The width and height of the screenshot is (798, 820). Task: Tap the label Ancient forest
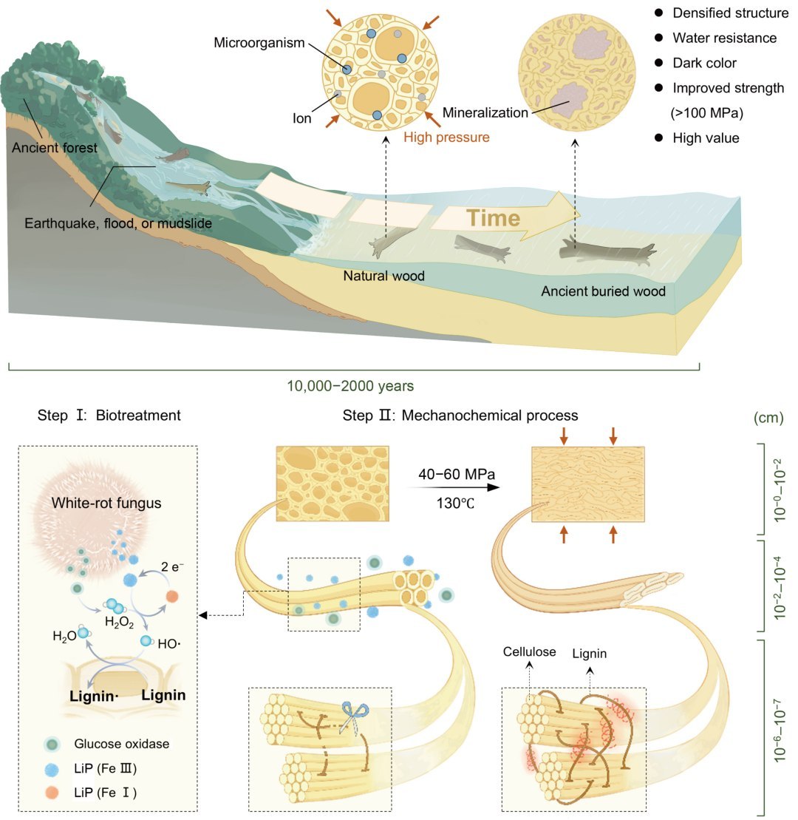55,148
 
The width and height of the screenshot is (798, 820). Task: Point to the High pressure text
446,138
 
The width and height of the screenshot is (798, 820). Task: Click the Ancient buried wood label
603,291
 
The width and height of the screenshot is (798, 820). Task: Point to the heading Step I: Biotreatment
109,416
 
